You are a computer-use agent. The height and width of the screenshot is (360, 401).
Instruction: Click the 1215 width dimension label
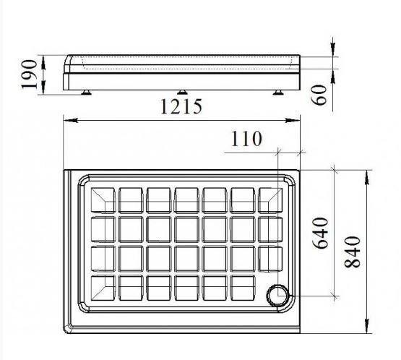(x=181, y=107)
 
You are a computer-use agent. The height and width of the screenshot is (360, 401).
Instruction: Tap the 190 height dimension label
(x=29, y=74)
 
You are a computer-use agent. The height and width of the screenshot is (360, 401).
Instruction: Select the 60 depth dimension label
(x=319, y=95)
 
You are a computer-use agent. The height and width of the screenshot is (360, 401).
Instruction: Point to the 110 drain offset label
(x=246, y=139)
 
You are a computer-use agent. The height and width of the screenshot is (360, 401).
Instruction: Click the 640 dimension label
(x=321, y=233)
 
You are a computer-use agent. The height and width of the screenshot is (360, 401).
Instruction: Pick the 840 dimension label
(x=353, y=252)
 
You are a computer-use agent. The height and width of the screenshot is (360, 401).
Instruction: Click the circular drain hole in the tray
(x=277, y=296)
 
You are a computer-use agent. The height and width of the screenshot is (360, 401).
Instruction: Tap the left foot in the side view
(x=86, y=93)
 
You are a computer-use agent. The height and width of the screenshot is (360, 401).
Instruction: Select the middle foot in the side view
(x=181, y=93)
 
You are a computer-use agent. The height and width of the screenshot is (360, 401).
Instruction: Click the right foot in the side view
(x=277, y=93)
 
